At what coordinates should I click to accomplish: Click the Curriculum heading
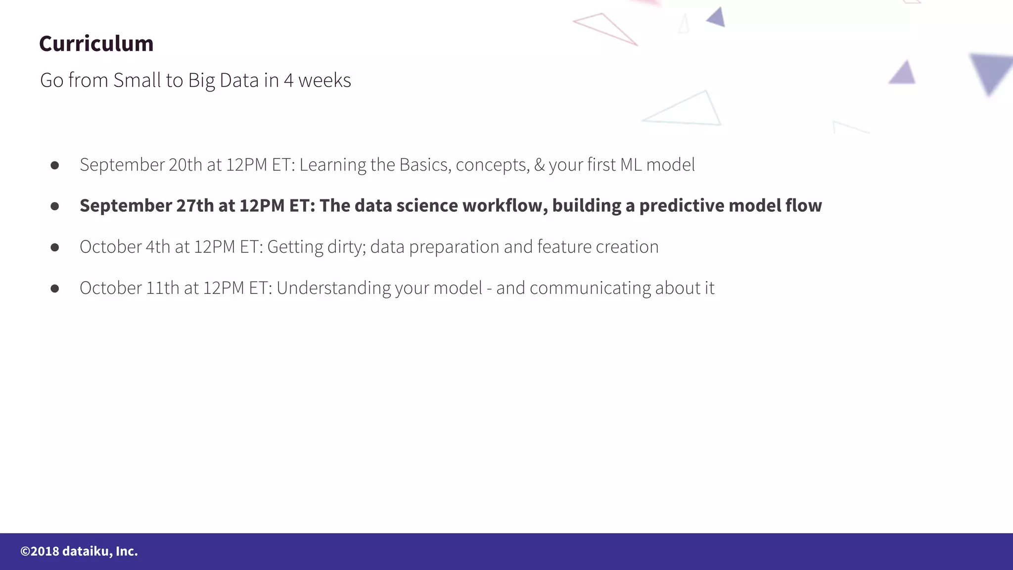click(x=96, y=44)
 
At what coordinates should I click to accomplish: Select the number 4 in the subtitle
click(x=288, y=80)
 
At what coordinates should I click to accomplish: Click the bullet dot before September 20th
click(x=55, y=165)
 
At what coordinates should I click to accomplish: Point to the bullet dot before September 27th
click(x=55, y=206)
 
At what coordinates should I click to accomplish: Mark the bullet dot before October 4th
click(x=55, y=247)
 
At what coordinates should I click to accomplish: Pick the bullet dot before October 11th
click(x=55, y=288)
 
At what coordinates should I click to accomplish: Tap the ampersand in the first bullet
click(x=539, y=165)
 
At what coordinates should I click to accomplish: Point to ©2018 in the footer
click(x=40, y=551)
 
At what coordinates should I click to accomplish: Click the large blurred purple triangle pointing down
click(x=991, y=72)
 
